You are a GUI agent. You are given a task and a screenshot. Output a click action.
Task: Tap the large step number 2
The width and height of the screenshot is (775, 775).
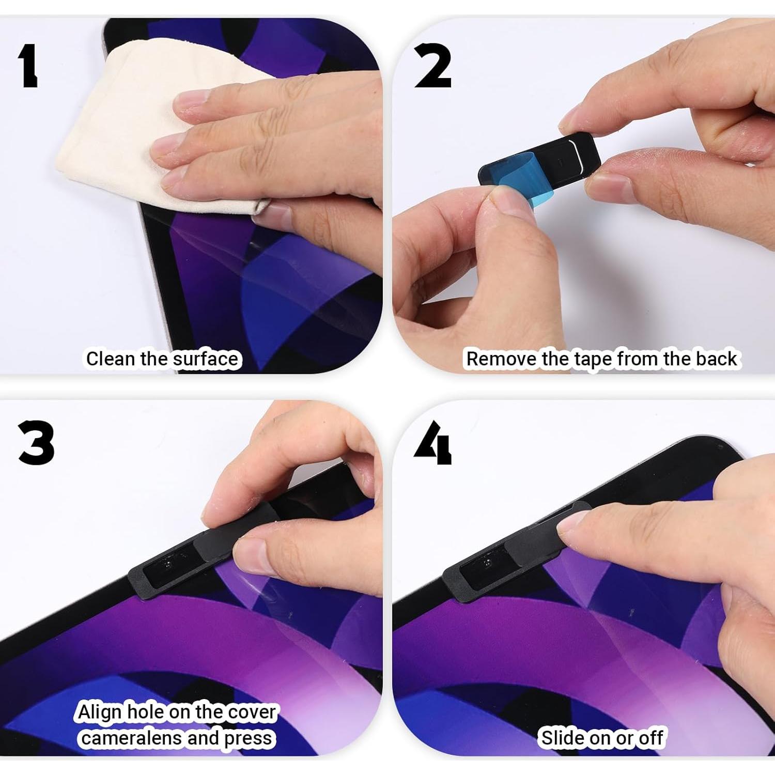(432, 66)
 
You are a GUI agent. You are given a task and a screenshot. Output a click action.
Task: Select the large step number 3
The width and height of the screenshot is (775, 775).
(36, 443)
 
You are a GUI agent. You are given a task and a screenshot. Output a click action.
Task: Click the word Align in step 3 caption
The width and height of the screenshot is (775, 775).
(99, 712)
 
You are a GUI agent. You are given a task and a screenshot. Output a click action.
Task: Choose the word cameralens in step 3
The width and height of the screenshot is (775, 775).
(132, 738)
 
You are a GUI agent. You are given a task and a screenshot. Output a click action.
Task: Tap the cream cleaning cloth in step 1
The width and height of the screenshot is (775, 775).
(129, 119)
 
